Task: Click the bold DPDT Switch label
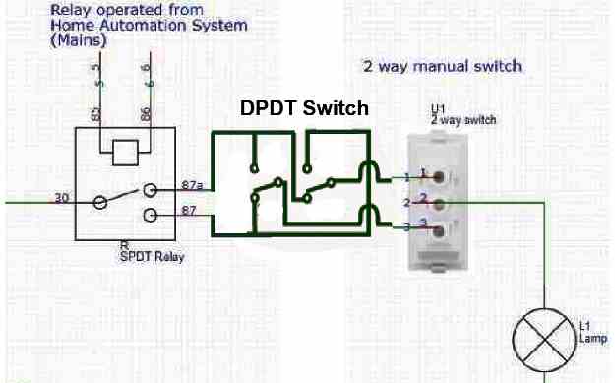[x=305, y=108]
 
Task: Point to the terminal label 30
[x=61, y=198]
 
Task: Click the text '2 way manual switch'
[x=442, y=67]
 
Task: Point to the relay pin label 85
[x=96, y=115]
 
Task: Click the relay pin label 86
[x=145, y=115]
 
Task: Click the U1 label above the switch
[x=438, y=107]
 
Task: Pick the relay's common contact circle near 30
[x=100, y=204]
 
